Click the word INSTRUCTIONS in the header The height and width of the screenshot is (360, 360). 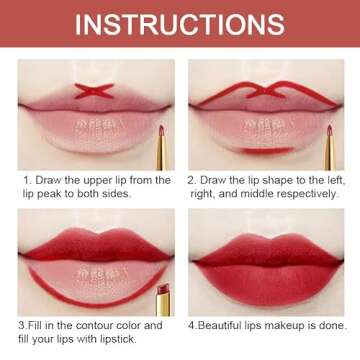click(180, 24)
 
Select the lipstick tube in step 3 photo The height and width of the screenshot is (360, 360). click(162, 300)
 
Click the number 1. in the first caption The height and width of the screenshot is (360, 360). click(27, 181)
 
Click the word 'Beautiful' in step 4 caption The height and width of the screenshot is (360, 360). click(222, 326)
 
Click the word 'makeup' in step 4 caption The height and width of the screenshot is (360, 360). click(296, 326)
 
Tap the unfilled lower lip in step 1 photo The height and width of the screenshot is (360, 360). click(92, 140)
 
